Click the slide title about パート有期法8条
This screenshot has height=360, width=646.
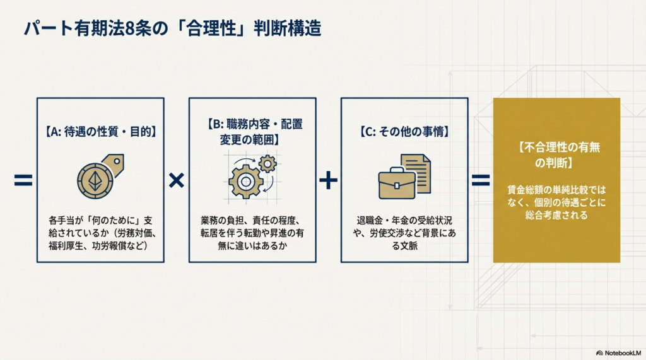(x=172, y=30)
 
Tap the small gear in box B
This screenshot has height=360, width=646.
(x=267, y=165)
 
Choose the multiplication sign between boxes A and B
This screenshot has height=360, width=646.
(x=177, y=181)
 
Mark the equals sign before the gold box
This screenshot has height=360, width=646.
(x=481, y=181)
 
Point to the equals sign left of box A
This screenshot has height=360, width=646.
(x=23, y=181)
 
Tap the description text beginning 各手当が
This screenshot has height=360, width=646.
(x=101, y=233)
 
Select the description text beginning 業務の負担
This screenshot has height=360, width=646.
(x=252, y=233)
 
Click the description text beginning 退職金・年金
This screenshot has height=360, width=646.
(x=404, y=233)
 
